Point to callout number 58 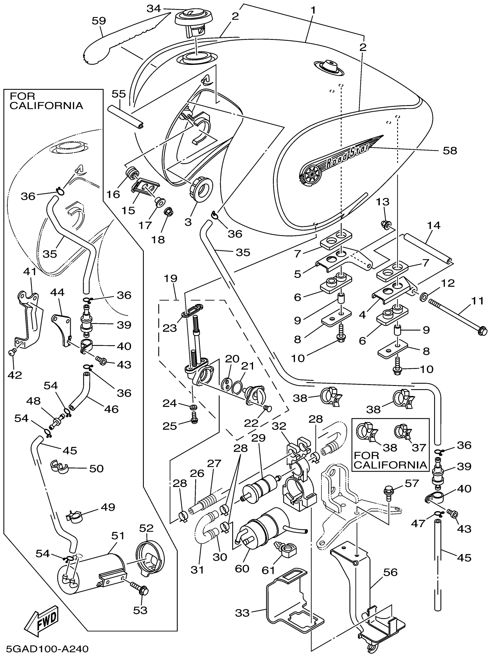[x=450, y=151]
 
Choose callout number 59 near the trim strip [x=99, y=21]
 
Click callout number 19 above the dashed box [x=170, y=279]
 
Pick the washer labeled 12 [x=424, y=296]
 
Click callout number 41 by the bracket [x=29, y=271]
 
